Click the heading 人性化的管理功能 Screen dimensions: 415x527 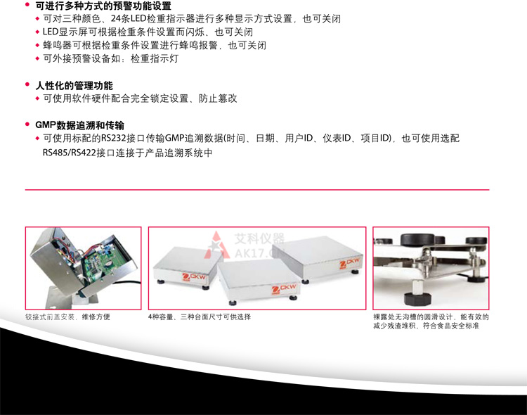pos(74,86)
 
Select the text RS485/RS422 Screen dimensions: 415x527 pos(71,152)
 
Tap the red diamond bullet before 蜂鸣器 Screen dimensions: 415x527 pos(38,46)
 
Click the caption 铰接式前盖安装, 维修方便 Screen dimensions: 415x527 pos(67,317)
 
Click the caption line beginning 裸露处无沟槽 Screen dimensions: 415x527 pos(431,317)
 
